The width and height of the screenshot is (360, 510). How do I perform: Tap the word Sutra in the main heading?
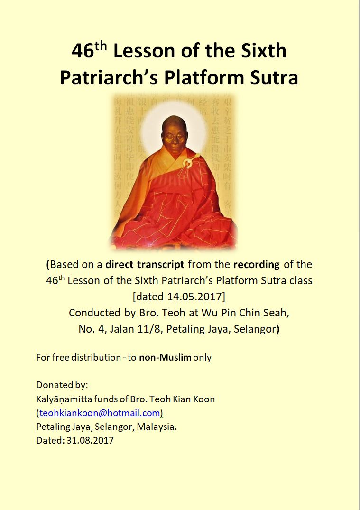click(274, 78)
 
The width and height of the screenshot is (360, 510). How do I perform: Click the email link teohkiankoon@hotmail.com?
click(100, 413)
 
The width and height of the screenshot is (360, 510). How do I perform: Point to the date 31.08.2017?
click(90, 440)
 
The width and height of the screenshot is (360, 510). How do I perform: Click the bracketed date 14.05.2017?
click(179, 297)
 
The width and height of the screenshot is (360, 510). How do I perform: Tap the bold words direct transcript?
click(145, 264)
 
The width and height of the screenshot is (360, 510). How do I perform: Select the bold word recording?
click(257, 264)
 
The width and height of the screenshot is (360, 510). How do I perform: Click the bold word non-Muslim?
click(165, 357)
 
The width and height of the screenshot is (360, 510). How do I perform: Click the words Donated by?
click(62, 385)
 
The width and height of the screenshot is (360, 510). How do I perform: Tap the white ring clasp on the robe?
click(188, 162)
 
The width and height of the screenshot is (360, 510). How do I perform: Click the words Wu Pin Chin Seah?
click(245, 313)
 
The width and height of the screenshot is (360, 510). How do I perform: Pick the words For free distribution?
click(78, 357)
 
